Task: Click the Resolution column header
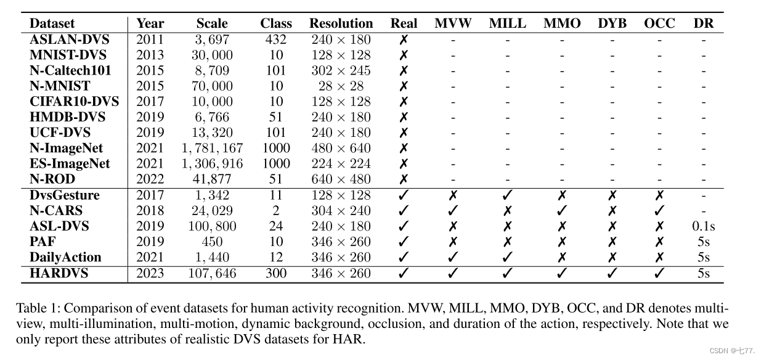coord(341,24)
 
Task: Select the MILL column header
coord(508,24)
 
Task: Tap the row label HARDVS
coord(59,272)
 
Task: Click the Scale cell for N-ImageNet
coord(212,148)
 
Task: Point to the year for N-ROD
coord(150,179)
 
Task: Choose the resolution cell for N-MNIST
coord(341,86)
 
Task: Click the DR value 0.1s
coord(703,226)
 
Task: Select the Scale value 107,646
coord(212,272)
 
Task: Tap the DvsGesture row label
coord(64,195)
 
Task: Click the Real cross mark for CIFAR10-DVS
coord(404,102)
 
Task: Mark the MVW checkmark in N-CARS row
coord(453,211)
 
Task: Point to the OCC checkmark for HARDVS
coord(659,272)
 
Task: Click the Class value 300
coord(275,272)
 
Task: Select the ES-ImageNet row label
coord(70,164)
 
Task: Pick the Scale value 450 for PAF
coord(212,242)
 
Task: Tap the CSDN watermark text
coord(732,351)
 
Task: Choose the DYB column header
coord(612,24)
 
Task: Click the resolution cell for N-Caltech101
coord(341,71)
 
